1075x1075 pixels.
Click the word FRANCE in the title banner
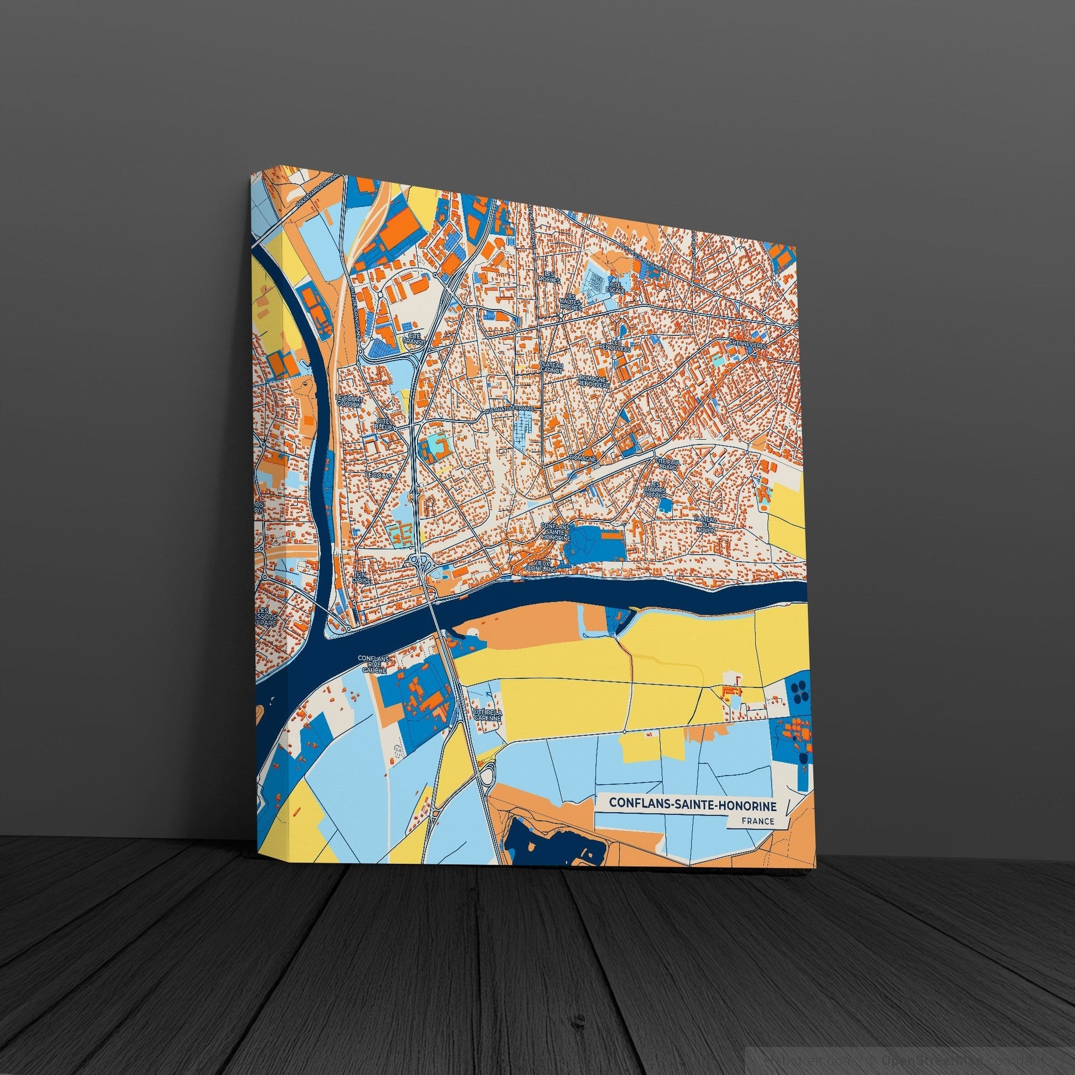coord(757,821)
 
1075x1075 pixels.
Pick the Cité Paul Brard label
coord(668,464)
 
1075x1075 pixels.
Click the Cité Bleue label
coord(385,424)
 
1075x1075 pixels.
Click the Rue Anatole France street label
coord(509,409)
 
